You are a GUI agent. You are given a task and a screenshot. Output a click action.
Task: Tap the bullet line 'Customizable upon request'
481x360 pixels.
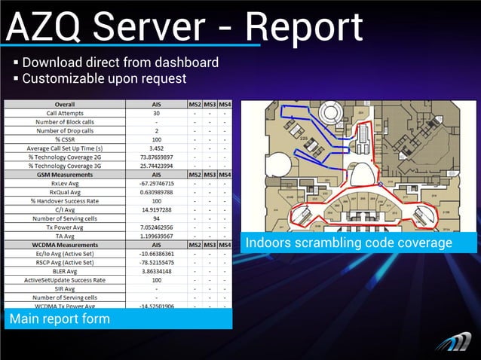click(104, 78)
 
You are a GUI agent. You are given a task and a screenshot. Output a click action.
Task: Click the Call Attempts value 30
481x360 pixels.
click(156, 113)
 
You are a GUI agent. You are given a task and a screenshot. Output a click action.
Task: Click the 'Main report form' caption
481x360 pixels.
click(60, 319)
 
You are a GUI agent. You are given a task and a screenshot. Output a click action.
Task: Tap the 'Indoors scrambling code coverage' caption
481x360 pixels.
click(348, 243)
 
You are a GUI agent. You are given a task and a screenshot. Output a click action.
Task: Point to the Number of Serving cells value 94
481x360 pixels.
click(156, 218)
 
